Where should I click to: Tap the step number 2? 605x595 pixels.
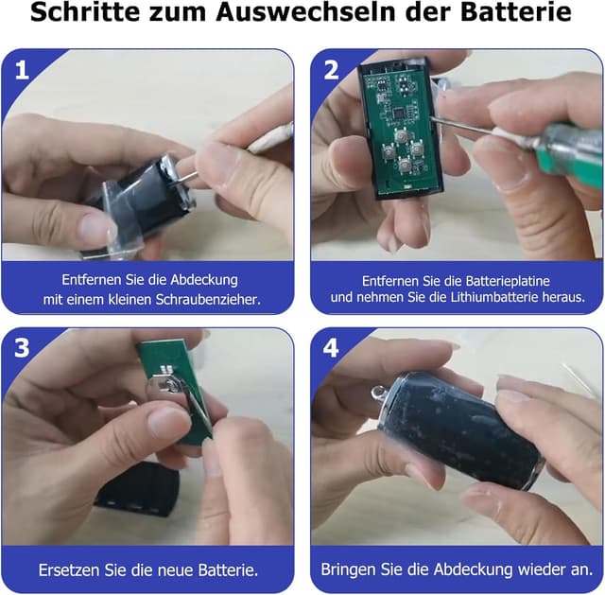331,70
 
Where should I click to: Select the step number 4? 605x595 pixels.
331,349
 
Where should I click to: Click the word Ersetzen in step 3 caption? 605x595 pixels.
69,570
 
